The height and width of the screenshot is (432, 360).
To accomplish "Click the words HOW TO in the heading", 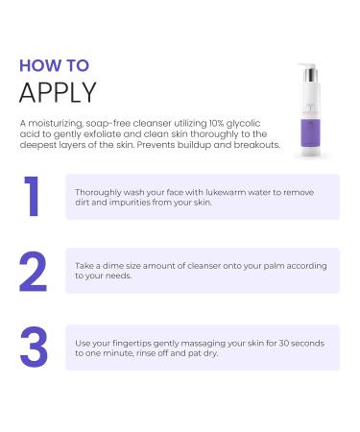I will click(54, 65).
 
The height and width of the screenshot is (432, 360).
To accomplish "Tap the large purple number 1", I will click(33, 197).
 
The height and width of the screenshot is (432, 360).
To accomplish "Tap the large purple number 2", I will click(33, 272).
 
